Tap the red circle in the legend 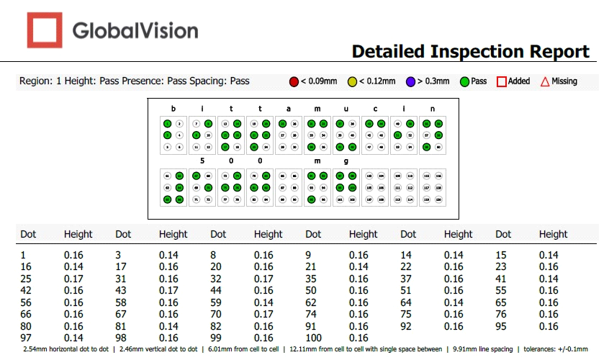tap(294, 81)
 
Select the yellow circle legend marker tap(352, 81)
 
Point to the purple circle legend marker tap(410, 81)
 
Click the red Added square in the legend tap(501, 81)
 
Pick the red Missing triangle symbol tap(545, 81)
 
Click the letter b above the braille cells tap(173, 109)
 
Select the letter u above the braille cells tap(346, 109)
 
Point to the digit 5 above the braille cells tap(202, 161)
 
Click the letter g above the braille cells tap(346, 161)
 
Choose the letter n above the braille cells tap(433, 109)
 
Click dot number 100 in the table tap(314, 338)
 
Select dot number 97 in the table tap(27, 338)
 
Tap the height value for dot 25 tap(73, 279)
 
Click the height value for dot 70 tap(263, 314)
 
